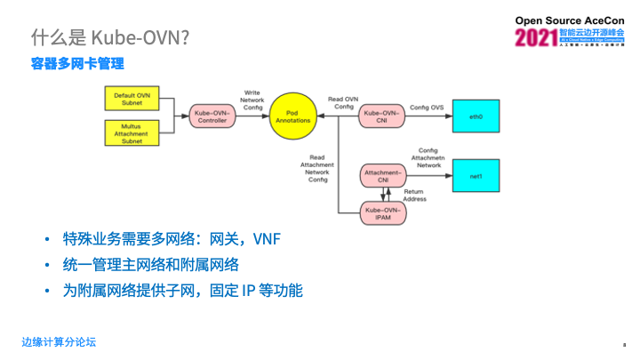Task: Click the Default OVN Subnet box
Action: point(131,98)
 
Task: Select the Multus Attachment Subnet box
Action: point(131,133)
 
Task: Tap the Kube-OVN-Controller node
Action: point(212,116)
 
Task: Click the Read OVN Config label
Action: point(342,102)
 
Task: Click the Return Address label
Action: point(414,196)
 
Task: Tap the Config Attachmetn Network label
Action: point(428,158)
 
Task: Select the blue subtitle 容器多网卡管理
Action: point(77,64)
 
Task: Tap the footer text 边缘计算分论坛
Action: point(59,341)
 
